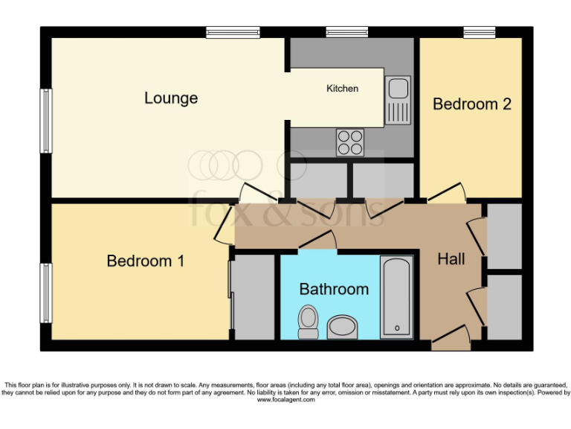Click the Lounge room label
pos(171,98)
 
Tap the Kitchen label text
pos(342,89)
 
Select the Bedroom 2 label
pos(471,104)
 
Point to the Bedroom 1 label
pos(146,261)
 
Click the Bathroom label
pos(334,289)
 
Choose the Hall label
pos(451,259)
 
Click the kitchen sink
pos(398,101)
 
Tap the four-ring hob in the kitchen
pos(349,142)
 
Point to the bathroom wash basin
pos(342,327)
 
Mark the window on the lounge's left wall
pos(46,121)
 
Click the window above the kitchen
pos(346,32)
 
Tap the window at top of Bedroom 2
pos(480,32)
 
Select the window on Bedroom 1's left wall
pos(46,293)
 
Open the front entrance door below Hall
pos(451,341)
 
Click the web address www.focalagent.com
pos(285,400)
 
